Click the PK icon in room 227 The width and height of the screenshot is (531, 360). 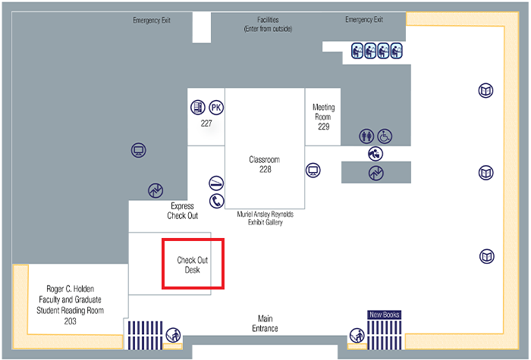(x=216, y=108)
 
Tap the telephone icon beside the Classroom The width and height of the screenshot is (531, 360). (x=216, y=201)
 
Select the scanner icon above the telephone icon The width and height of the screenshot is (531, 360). (x=216, y=183)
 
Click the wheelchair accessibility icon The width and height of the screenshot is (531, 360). (x=385, y=136)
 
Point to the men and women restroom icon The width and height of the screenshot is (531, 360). (x=367, y=136)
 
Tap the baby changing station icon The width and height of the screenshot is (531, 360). (x=375, y=153)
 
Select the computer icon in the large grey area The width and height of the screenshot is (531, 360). (x=138, y=150)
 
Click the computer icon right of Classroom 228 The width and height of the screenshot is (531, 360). (x=312, y=170)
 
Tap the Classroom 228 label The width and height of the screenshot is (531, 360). (x=265, y=164)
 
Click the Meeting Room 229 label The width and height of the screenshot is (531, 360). (x=323, y=117)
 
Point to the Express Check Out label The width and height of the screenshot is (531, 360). (x=183, y=211)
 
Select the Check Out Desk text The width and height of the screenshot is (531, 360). (x=193, y=265)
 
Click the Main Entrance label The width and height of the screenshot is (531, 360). (x=265, y=324)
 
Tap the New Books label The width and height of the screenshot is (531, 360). (x=384, y=314)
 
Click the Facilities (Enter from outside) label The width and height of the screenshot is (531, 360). (x=268, y=24)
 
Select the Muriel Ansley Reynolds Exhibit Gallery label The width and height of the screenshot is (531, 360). (x=265, y=218)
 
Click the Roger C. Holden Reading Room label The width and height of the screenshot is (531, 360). (x=70, y=305)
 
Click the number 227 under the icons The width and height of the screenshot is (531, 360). (x=206, y=123)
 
